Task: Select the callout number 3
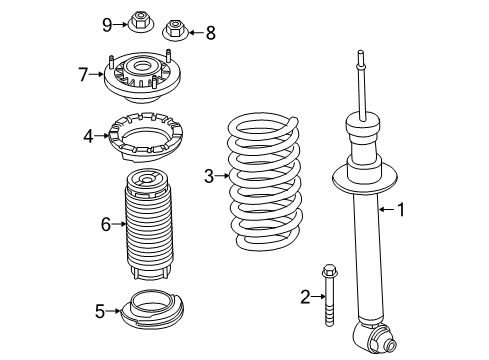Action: pos(209,177)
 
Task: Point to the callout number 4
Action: pos(89,133)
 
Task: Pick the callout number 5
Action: pos(99,311)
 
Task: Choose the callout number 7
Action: pos(84,72)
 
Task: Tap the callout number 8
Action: pos(210,33)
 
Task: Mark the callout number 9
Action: pos(107,22)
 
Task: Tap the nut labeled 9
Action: pos(139,20)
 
